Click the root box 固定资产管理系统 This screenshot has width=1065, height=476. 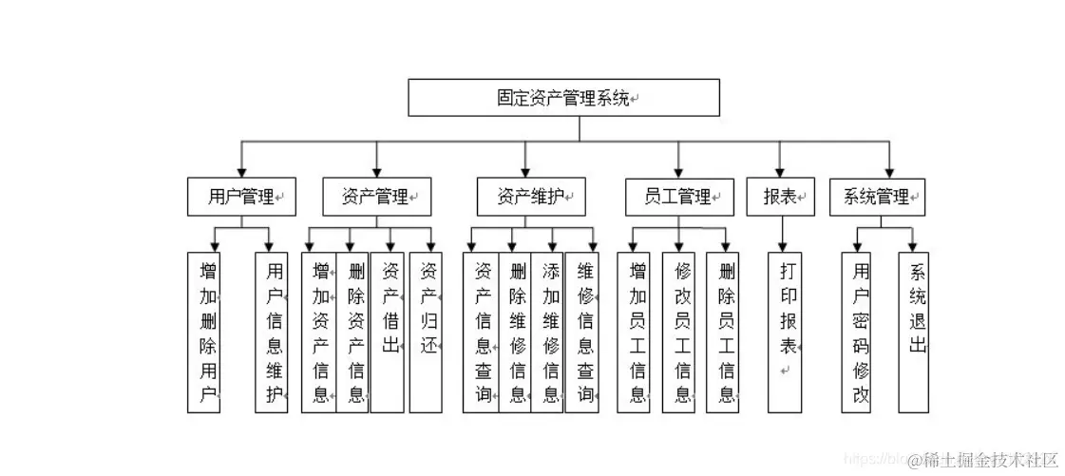point(563,98)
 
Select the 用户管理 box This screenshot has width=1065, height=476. point(241,198)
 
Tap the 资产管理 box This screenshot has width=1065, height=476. point(375,198)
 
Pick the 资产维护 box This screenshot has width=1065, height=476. point(531,198)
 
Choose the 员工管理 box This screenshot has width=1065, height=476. point(678,198)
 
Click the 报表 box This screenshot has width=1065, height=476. point(780,198)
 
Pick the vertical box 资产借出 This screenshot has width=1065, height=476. point(388,332)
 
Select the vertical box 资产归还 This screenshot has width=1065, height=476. point(427,332)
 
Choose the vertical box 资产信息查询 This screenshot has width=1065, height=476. point(482,332)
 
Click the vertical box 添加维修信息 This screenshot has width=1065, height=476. point(548,332)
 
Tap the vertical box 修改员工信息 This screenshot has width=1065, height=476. point(681,332)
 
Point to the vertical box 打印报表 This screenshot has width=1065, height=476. point(786,332)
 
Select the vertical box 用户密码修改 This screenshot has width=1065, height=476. point(860,332)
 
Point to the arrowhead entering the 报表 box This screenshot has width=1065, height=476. point(781,172)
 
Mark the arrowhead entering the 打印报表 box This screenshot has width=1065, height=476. point(783,246)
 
